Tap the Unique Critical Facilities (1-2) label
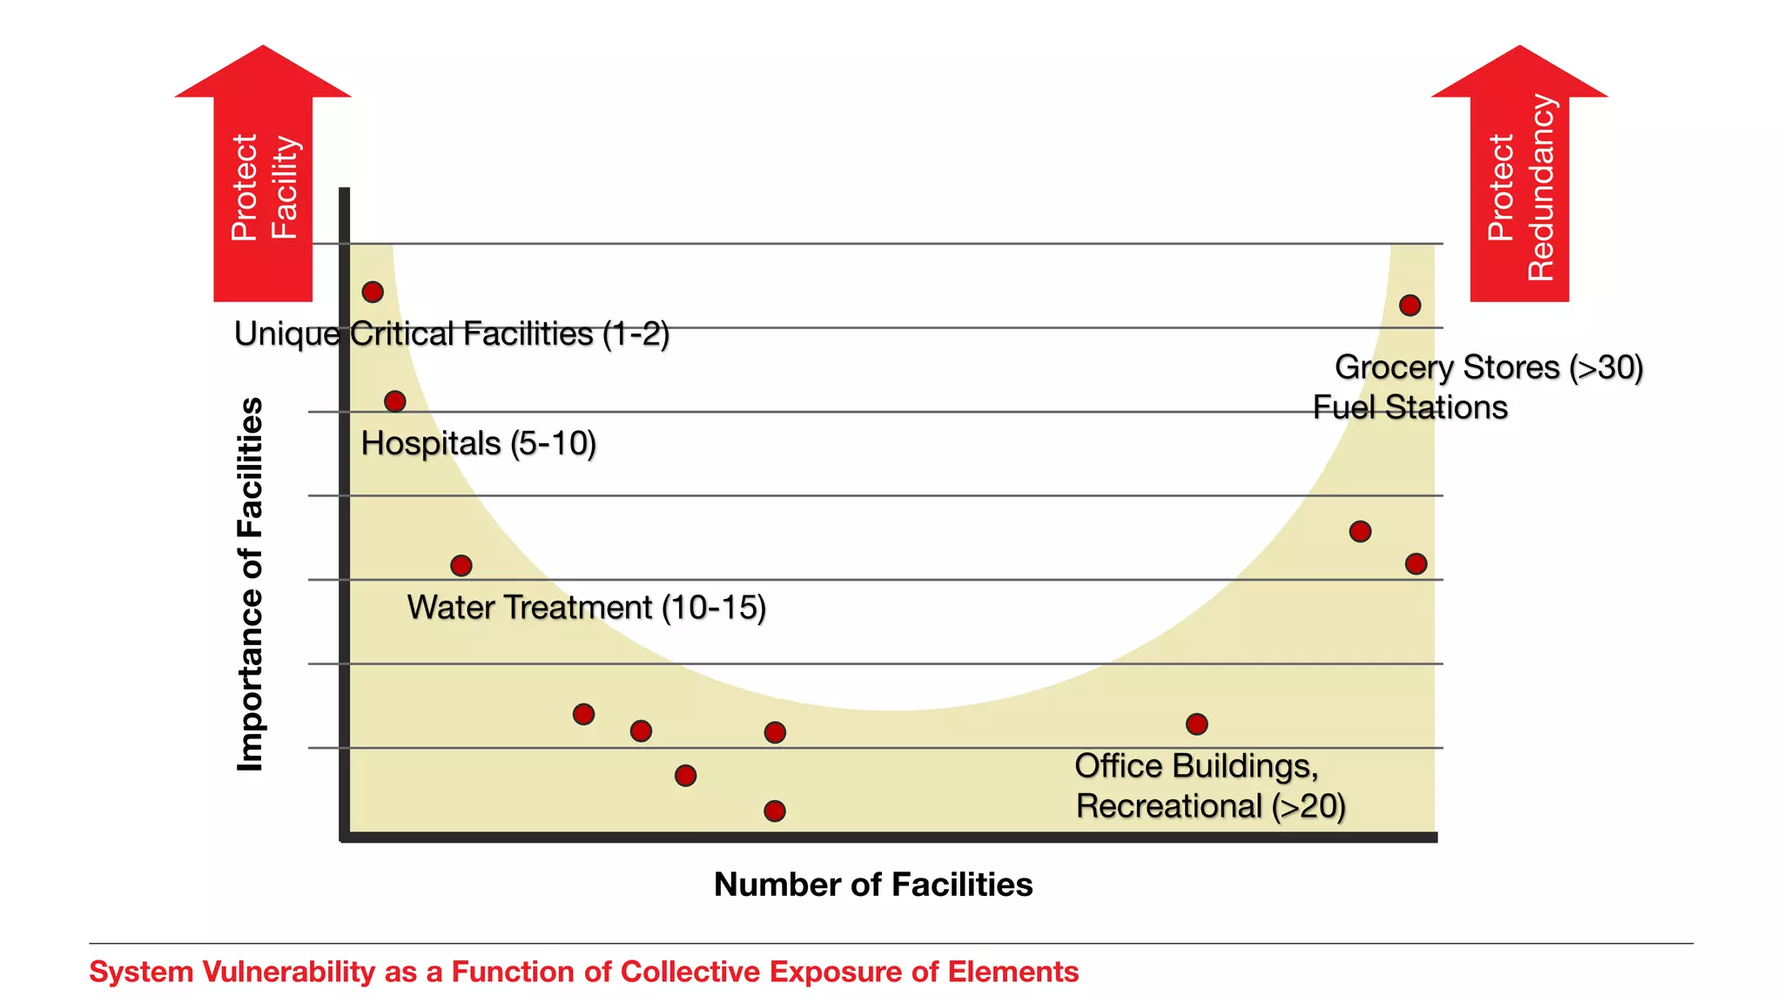tap(452, 334)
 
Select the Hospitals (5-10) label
tap(478, 444)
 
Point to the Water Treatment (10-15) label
tap(586, 608)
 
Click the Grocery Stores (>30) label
tap(1489, 367)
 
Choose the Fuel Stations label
tap(1410, 407)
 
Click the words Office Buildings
tap(1195, 766)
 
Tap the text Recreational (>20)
tap(1210, 806)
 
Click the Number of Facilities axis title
tap(873, 885)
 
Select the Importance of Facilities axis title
tap(250, 584)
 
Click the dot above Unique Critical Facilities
tap(373, 292)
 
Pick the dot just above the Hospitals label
tap(394, 401)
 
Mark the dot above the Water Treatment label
tap(461, 566)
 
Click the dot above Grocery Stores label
tap(1410, 306)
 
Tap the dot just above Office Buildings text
tap(1196, 724)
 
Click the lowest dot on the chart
tap(775, 811)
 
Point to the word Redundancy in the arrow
tap(1540, 187)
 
